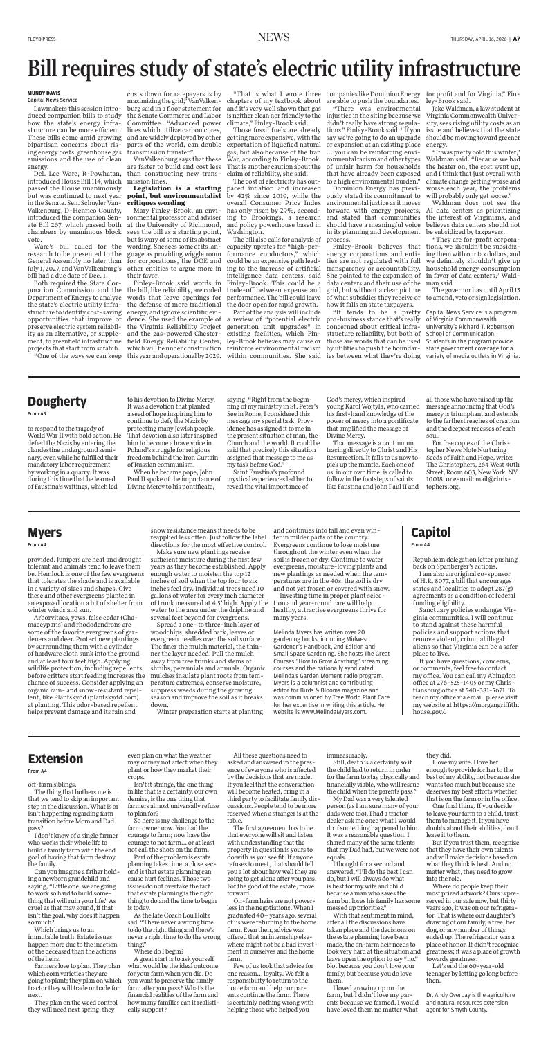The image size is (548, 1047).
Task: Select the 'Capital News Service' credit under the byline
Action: [x=48, y=98]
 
